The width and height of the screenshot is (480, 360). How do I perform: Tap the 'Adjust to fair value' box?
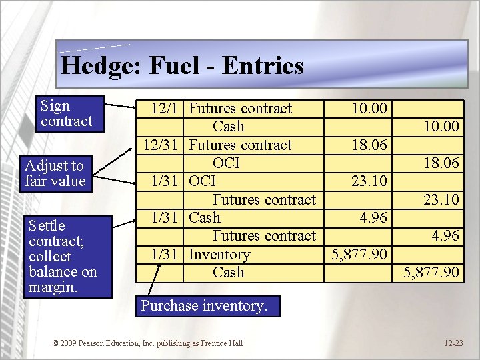click(55, 173)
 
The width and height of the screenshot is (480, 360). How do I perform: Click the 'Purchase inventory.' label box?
click(203, 306)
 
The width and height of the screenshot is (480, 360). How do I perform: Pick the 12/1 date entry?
click(165, 109)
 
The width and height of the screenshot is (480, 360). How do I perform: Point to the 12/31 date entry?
click(162, 145)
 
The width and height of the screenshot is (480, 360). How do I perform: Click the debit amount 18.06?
click(369, 145)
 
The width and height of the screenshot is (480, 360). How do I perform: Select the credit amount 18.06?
click(441, 163)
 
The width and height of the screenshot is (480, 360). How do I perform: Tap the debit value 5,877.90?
click(360, 255)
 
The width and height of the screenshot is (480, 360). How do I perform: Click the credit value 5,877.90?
click(432, 273)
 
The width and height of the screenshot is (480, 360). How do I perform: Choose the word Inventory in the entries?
click(219, 255)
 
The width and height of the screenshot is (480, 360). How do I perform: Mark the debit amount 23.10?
click(369, 181)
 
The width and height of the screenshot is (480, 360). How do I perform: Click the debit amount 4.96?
click(373, 218)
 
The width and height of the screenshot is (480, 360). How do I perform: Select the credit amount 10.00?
click(441, 127)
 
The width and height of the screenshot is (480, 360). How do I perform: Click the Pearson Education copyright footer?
click(147, 343)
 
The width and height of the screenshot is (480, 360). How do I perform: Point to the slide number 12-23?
click(453, 343)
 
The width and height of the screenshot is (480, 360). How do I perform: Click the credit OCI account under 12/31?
click(226, 163)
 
